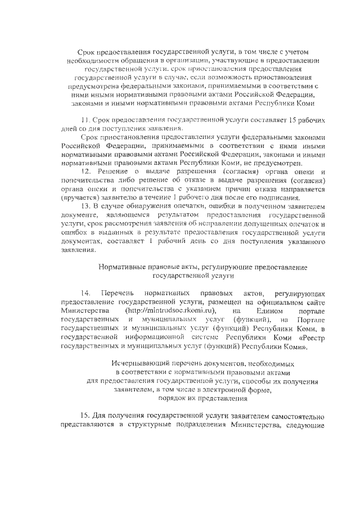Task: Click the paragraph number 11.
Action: click(86, 121)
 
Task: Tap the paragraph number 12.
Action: click(86, 171)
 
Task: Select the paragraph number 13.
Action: click(86, 206)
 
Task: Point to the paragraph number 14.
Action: click(86, 294)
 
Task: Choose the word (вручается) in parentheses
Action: click(80, 198)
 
